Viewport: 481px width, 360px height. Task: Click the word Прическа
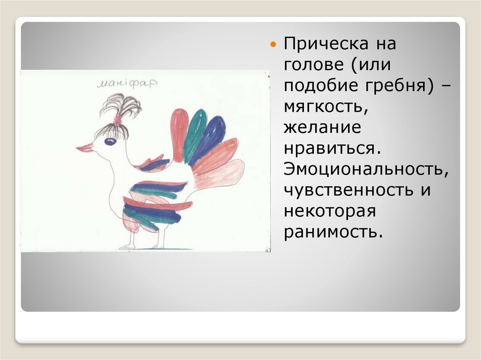coord(326,44)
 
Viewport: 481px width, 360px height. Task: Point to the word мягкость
coord(326,107)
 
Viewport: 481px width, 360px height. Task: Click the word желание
coord(322,127)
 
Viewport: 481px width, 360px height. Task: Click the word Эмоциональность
coord(366,169)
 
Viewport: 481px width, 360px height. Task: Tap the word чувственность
coord(348,190)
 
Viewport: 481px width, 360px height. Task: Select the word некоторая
coord(330,211)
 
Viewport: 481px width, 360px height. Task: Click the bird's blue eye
coord(110,141)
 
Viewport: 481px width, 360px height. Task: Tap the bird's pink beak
coord(85,148)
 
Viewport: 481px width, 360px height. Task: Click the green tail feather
coord(194,133)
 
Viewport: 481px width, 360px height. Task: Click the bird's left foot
coord(127,246)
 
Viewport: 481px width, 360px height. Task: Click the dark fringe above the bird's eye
coord(112,130)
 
